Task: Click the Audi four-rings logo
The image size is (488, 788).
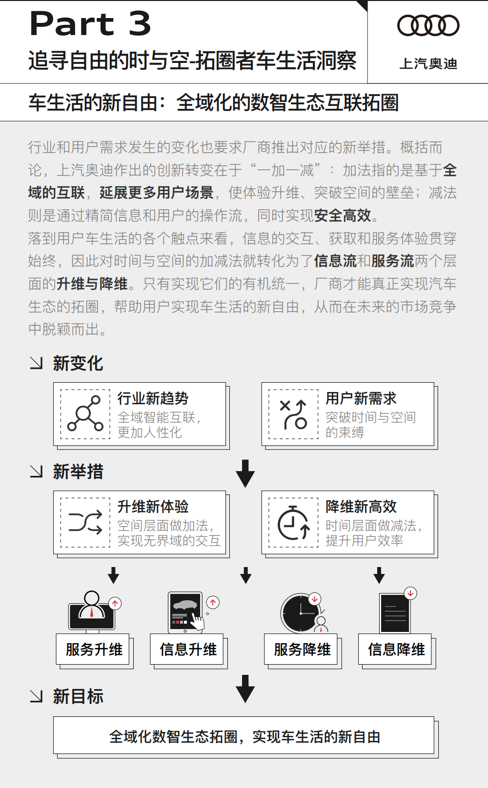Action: coord(428,25)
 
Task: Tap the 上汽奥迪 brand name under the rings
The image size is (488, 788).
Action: coord(428,64)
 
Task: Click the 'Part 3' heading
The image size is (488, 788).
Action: coord(90,23)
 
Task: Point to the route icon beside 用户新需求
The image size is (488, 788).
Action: coord(293,414)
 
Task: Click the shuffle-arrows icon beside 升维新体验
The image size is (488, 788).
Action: coord(85,522)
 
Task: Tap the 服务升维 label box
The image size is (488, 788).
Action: coord(93,649)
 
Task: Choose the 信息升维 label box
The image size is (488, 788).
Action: coord(187,649)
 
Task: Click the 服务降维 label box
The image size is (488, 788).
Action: coord(301,649)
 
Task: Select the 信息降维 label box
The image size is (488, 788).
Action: coord(395,649)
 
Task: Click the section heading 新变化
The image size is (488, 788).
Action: coord(78,363)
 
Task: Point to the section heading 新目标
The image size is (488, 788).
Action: coord(78,696)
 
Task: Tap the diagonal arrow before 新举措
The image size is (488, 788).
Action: coord(36,472)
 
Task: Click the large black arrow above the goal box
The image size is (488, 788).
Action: coord(245,689)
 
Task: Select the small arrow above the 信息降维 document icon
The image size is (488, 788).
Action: coord(379,575)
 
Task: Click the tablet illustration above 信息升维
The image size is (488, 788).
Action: coord(186,612)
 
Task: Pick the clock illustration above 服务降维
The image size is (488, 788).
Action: coord(301,613)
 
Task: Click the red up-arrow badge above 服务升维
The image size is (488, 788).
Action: coord(115,603)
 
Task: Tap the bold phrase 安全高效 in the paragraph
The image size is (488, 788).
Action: coord(343,216)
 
